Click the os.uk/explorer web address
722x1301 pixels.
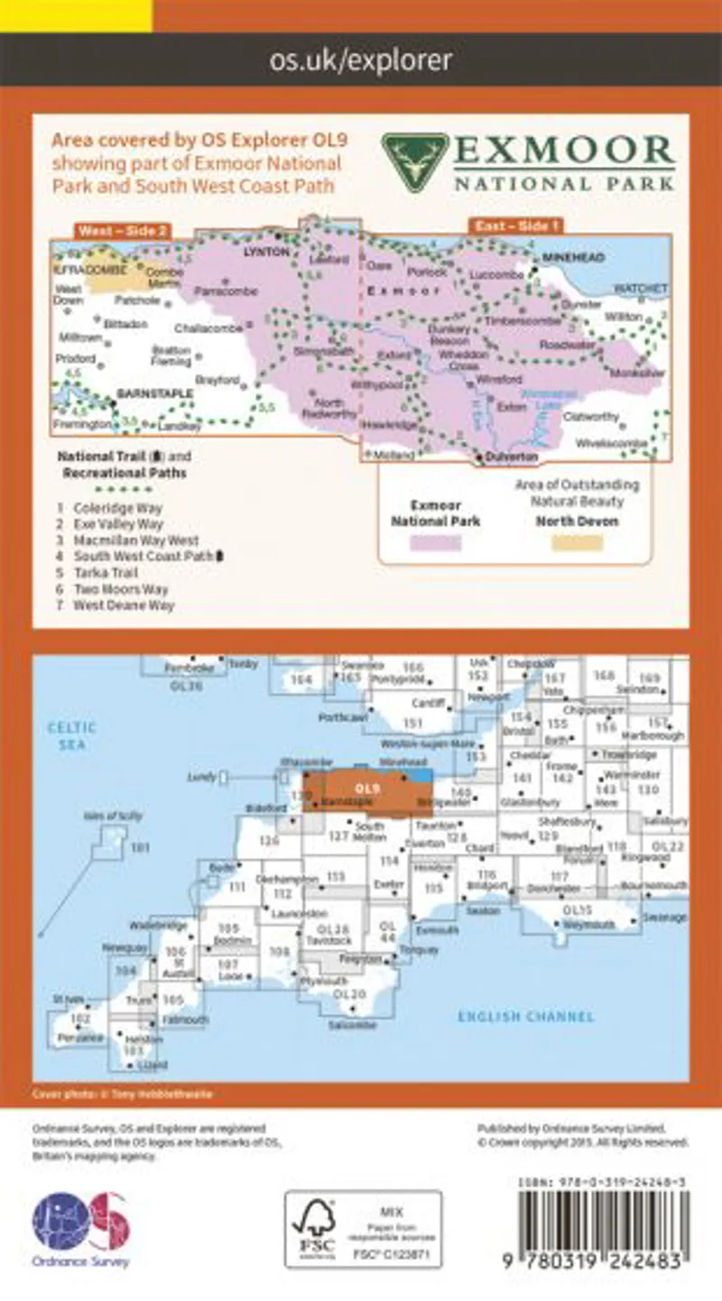[x=361, y=60]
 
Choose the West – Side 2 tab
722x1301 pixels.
[x=122, y=232]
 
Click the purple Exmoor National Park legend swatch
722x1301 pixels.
[x=436, y=543]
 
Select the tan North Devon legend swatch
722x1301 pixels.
[x=577, y=543]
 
